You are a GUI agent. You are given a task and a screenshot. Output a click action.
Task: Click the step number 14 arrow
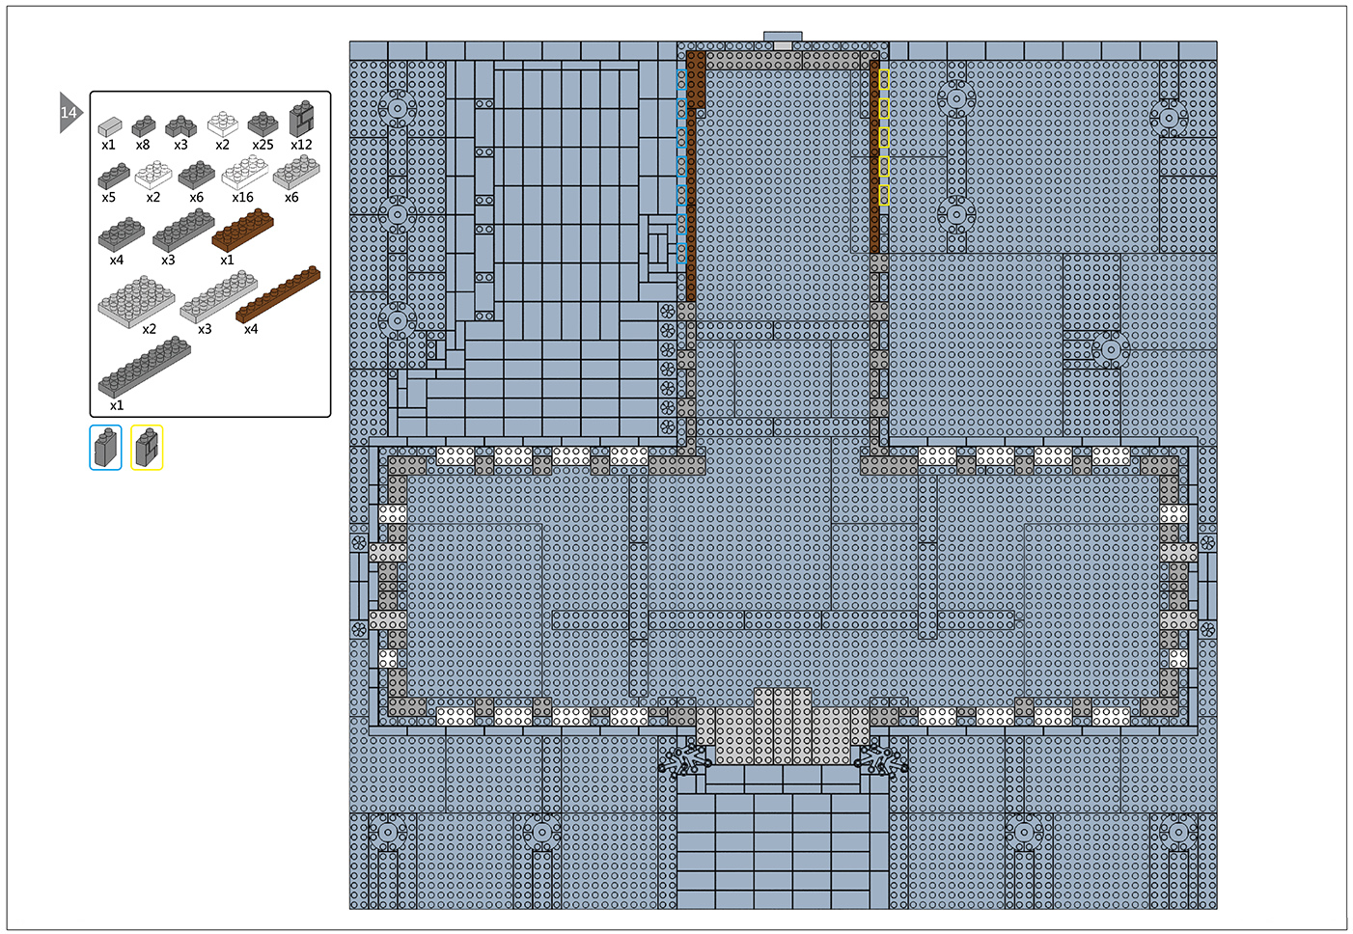click(x=69, y=112)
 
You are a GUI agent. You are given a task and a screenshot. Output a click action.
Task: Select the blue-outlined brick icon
click(x=106, y=448)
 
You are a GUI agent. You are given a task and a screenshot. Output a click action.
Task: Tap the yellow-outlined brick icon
click(x=147, y=448)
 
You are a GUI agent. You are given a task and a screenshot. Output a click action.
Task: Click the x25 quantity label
click(x=262, y=145)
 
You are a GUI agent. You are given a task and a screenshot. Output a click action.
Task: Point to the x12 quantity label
click(x=301, y=145)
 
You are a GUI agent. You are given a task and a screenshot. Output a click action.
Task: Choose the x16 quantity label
click(x=243, y=198)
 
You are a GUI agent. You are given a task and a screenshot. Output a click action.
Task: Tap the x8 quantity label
click(x=143, y=145)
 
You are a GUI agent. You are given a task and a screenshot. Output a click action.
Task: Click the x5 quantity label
click(x=109, y=198)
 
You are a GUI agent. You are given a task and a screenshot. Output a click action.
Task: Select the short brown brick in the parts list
click(x=243, y=230)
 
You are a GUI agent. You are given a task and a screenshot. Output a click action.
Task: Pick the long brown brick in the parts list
click(x=278, y=294)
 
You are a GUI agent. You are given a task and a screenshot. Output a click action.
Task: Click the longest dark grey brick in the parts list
click(x=145, y=367)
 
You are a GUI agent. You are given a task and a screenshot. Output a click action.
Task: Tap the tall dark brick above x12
click(x=302, y=119)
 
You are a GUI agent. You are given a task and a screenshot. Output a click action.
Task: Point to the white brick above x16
click(x=244, y=172)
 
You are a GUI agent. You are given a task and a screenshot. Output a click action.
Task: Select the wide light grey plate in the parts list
click(x=136, y=301)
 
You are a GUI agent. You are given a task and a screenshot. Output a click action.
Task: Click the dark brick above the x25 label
click(x=262, y=124)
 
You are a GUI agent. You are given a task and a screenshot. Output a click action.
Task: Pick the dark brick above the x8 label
click(x=143, y=125)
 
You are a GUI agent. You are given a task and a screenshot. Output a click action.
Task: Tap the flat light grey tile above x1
click(x=110, y=127)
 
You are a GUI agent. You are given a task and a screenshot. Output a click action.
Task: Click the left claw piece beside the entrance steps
click(x=683, y=760)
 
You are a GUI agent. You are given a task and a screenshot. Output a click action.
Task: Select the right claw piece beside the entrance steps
click(x=882, y=760)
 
